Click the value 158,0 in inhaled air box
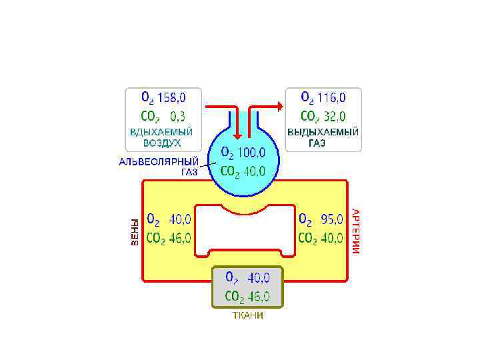(171, 98)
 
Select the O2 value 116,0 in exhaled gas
(332, 98)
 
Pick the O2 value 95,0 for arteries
(329, 219)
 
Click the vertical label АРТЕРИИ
(356, 231)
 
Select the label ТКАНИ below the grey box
(247, 315)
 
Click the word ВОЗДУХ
(162, 143)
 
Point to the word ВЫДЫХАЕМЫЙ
(323, 132)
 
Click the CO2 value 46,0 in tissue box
(257, 297)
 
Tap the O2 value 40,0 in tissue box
(257, 277)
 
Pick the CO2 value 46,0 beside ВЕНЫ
(179, 238)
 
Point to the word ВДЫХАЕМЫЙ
(162, 132)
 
